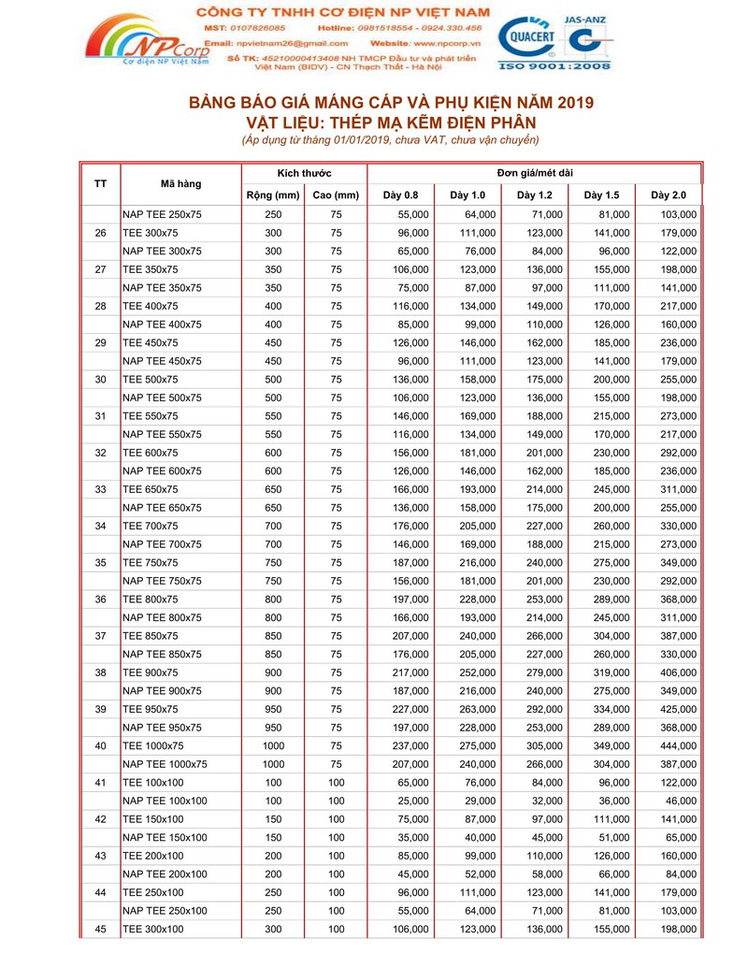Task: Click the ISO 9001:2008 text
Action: (554, 67)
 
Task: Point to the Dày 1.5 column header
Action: (601, 195)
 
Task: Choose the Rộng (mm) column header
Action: (272, 195)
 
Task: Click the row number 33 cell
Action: (101, 489)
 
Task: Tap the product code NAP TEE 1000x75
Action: (165, 764)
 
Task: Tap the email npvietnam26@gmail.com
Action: (292, 43)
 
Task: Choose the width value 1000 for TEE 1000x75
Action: (272, 745)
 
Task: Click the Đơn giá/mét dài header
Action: (534, 173)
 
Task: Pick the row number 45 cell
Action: (101, 929)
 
